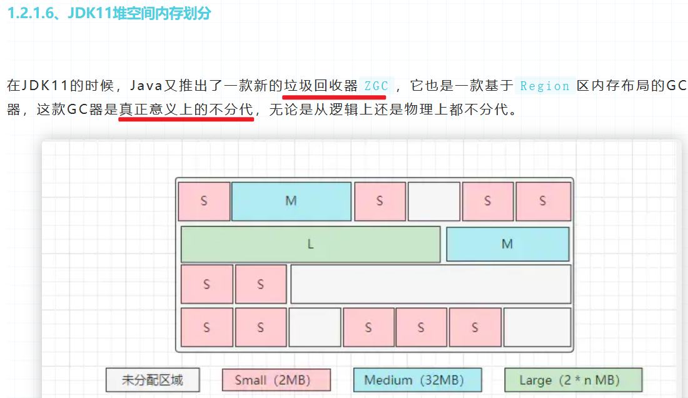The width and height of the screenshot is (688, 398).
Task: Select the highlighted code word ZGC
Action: [376, 86]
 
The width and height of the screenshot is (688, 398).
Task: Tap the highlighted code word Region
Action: [544, 86]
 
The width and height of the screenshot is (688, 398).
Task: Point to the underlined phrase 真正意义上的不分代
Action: [186, 110]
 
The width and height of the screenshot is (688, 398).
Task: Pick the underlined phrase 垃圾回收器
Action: [320, 86]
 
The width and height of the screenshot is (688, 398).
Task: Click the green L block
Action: [310, 245]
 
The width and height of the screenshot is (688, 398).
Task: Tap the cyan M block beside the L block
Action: [507, 244]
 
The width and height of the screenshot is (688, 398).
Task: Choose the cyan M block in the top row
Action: [291, 201]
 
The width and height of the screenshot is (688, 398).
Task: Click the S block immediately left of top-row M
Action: [204, 201]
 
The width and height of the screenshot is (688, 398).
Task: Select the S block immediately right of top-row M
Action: [380, 201]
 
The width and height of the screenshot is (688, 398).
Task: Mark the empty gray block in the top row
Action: [434, 201]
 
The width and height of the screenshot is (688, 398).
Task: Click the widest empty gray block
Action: [430, 284]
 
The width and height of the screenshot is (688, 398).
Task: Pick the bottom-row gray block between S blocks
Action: [315, 327]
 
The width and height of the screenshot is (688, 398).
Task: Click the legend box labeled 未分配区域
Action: [153, 380]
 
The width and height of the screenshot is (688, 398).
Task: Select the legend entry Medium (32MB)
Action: [417, 380]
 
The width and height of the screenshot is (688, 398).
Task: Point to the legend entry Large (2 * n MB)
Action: [573, 380]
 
